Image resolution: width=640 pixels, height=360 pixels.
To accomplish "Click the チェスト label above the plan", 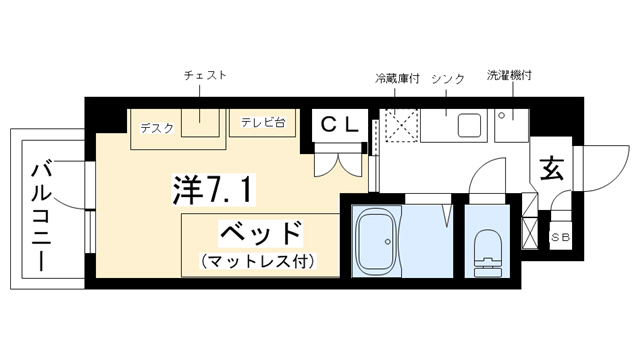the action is (x=205, y=76).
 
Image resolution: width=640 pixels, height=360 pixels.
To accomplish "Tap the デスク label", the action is (x=157, y=129).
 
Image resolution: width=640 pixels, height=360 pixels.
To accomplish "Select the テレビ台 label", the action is (x=262, y=122).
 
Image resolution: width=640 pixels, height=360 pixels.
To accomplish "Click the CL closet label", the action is (x=339, y=125).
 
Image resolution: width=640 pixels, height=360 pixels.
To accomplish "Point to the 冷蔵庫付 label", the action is (x=397, y=78).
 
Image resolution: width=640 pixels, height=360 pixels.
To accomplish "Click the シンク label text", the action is (x=448, y=79).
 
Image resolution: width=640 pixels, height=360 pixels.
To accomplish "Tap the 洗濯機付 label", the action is (x=509, y=75).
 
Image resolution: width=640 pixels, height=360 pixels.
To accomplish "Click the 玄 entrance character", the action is (x=552, y=168).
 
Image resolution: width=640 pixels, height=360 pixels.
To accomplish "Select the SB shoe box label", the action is (x=560, y=237).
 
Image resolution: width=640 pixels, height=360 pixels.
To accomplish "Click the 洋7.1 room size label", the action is (x=214, y=189).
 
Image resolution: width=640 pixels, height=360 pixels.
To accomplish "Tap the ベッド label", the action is (x=261, y=233).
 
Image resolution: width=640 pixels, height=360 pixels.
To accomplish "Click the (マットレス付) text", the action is (x=258, y=261).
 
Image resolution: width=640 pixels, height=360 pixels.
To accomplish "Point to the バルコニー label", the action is (x=42, y=216).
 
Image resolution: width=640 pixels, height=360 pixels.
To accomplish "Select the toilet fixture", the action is (x=488, y=253).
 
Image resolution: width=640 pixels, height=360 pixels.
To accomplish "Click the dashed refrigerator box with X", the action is (x=399, y=125).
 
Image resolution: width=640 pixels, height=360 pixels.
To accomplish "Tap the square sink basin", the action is (x=469, y=125).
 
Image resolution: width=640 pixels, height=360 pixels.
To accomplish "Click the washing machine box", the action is (x=512, y=125).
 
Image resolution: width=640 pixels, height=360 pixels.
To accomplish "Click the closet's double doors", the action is (x=338, y=160).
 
